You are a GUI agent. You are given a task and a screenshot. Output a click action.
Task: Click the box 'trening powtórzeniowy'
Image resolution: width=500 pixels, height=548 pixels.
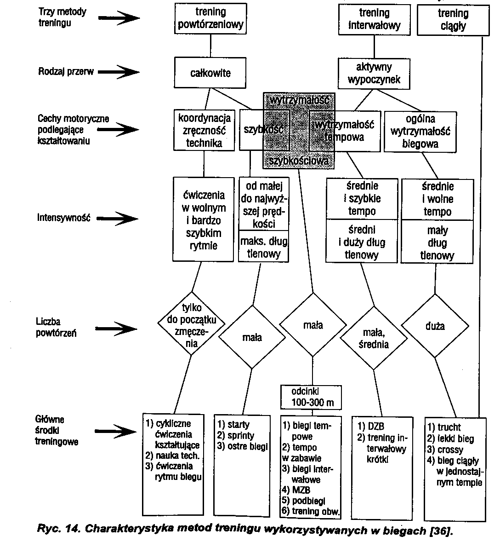point(210,18)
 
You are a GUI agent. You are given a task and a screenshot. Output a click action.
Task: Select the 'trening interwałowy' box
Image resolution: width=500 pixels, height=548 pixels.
point(374,19)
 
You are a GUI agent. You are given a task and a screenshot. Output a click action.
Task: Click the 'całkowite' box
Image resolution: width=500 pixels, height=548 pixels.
point(210,73)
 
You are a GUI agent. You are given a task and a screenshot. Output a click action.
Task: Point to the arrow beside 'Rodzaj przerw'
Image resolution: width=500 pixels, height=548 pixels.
point(118,72)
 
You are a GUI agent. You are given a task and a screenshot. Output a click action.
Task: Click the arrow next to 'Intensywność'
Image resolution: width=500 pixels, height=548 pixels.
point(119,218)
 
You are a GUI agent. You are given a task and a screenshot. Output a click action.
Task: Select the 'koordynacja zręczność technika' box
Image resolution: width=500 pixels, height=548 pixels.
point(204,130)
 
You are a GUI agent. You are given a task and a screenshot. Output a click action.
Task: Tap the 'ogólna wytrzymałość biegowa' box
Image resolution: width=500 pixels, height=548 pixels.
point(420,131)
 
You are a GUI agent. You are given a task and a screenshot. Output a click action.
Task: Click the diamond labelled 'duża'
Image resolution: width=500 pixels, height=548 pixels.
point(435,326)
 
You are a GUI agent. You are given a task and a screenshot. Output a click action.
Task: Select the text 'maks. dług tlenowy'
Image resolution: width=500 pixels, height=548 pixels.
point(264,247)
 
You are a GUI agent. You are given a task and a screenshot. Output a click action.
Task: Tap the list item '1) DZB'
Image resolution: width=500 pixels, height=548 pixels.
point(370,427)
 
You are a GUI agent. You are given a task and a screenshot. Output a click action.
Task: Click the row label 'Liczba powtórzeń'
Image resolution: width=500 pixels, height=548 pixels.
point(49,328)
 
